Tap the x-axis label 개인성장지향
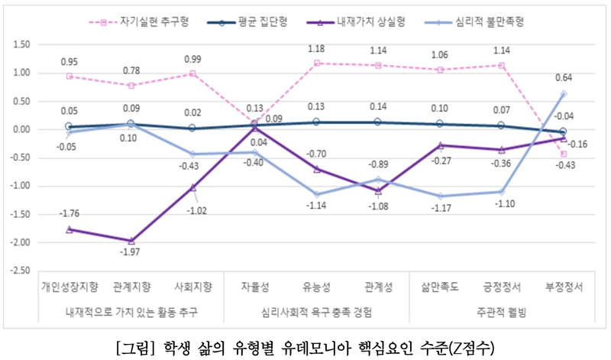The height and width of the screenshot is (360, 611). click(70, 287)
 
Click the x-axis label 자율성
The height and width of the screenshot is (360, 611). click(254, 287)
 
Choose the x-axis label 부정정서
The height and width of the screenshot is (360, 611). click(563, 287)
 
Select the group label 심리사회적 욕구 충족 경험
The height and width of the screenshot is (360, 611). click(316, 312)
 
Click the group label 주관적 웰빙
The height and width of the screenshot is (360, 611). click(501, 312)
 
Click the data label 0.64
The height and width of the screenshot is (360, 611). click(563, 77)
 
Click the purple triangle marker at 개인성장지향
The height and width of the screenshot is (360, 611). click(70, 229)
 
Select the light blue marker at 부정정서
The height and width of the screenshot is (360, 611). click(563, 94)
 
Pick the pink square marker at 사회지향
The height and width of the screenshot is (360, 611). click(193, 74)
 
